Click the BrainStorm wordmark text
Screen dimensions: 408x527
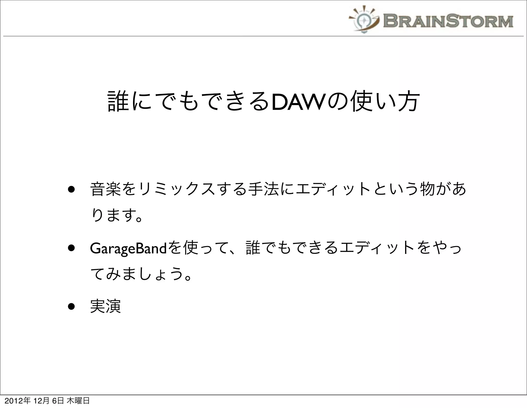tap(448, 21)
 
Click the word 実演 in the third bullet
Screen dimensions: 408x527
tap(106, 306)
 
